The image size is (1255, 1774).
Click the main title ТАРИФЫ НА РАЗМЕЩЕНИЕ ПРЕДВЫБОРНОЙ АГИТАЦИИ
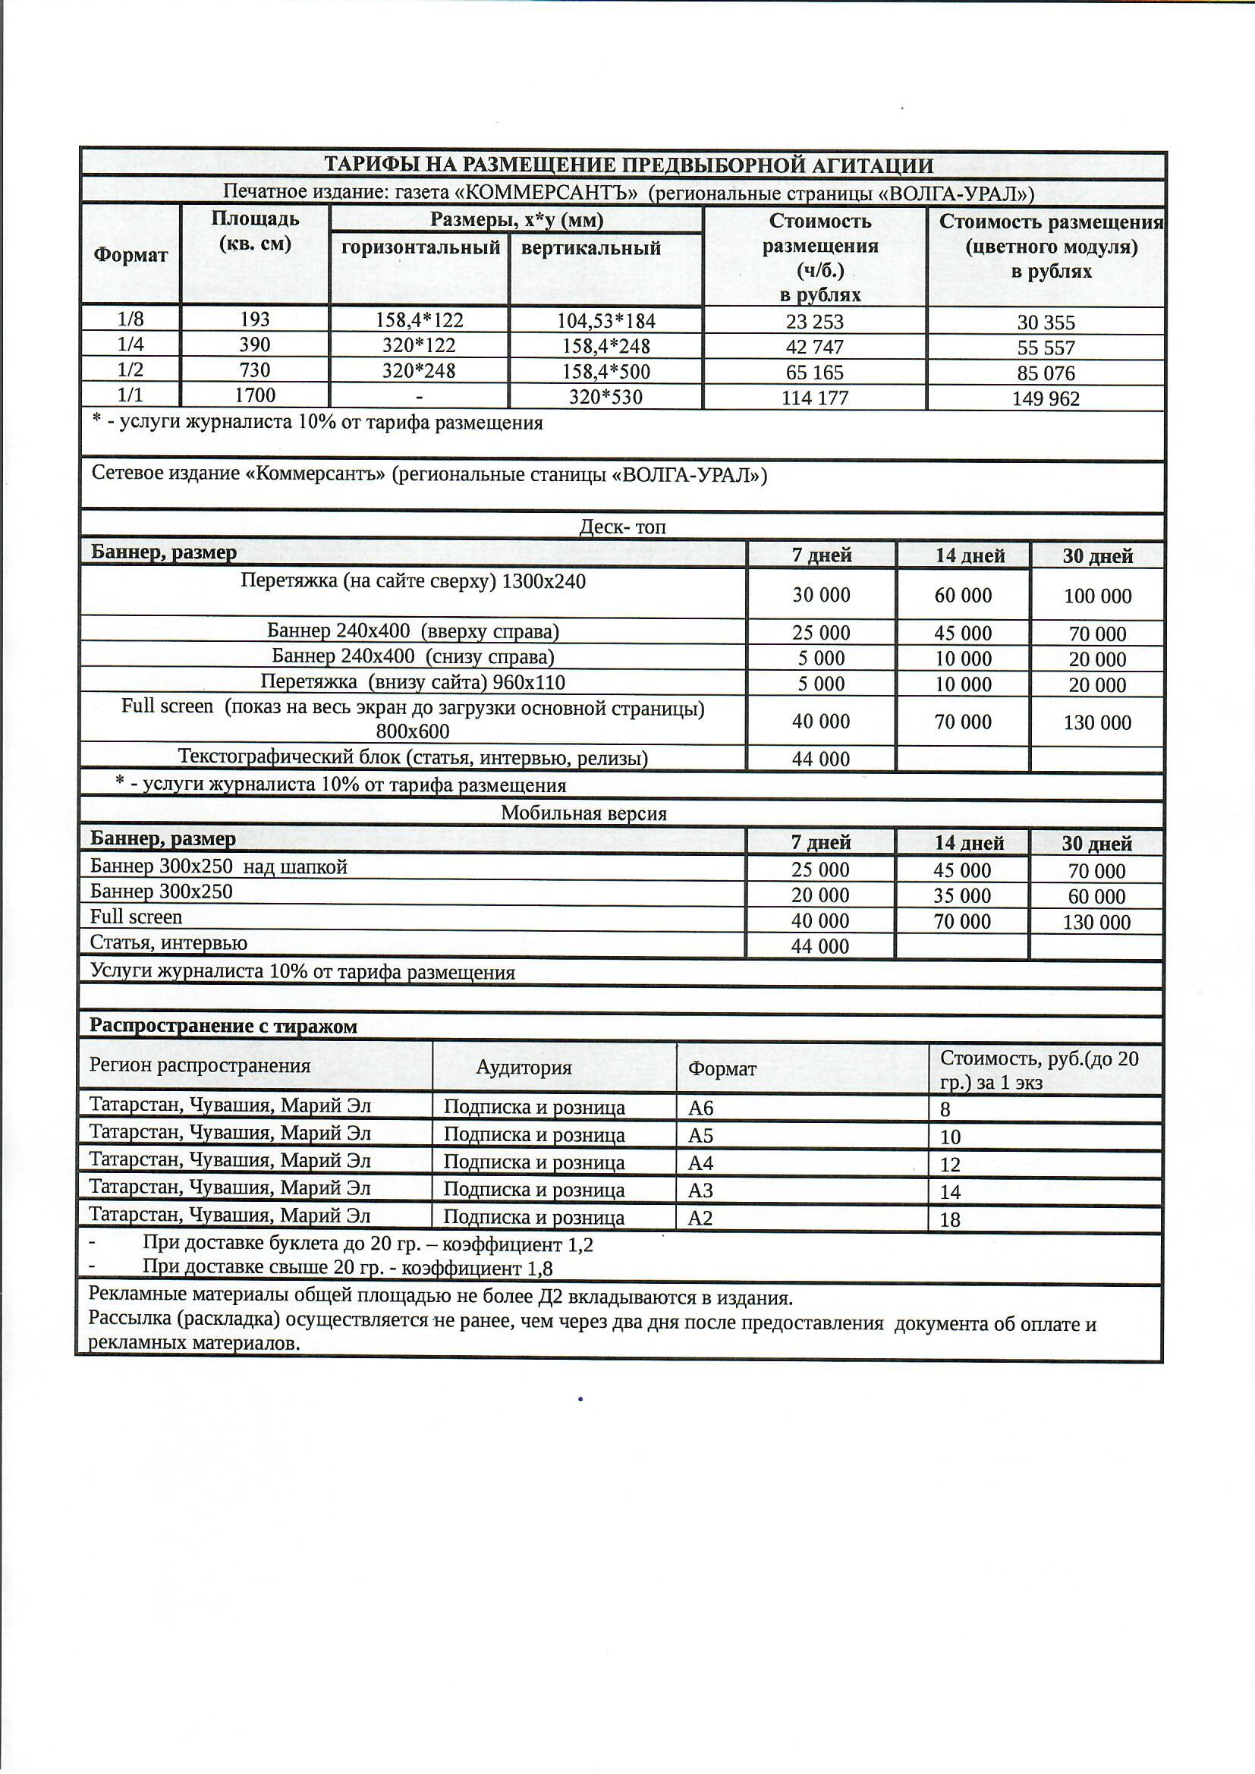click(x=627, y=165)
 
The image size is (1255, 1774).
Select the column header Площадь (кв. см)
click(x=255, y=230)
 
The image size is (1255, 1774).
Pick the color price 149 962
click(x=1046, y=398)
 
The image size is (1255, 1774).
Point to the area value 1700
click(x=255, y=395)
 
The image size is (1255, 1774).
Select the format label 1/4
click(x=130, y=344)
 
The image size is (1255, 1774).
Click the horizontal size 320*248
click(x=419, y=371)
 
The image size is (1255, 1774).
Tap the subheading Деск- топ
click(x=622, y=527)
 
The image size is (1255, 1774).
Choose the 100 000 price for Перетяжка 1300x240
click(x=1096, y=596)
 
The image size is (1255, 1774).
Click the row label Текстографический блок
click(x=413, y=757)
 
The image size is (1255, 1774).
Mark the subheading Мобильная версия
click(x=583, y=813)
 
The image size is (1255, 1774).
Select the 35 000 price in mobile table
click(x=962, y=895)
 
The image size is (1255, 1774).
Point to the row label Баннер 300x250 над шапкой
click(x=219, y=867)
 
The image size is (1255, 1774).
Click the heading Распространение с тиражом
click(x=223, y=1026)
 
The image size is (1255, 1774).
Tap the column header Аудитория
click(x=524, y=1067)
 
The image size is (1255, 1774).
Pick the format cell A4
click(x=700, y=1163)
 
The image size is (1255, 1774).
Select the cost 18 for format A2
click(x=950, y=1219)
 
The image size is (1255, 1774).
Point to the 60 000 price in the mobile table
click(x=1096, y=896)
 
